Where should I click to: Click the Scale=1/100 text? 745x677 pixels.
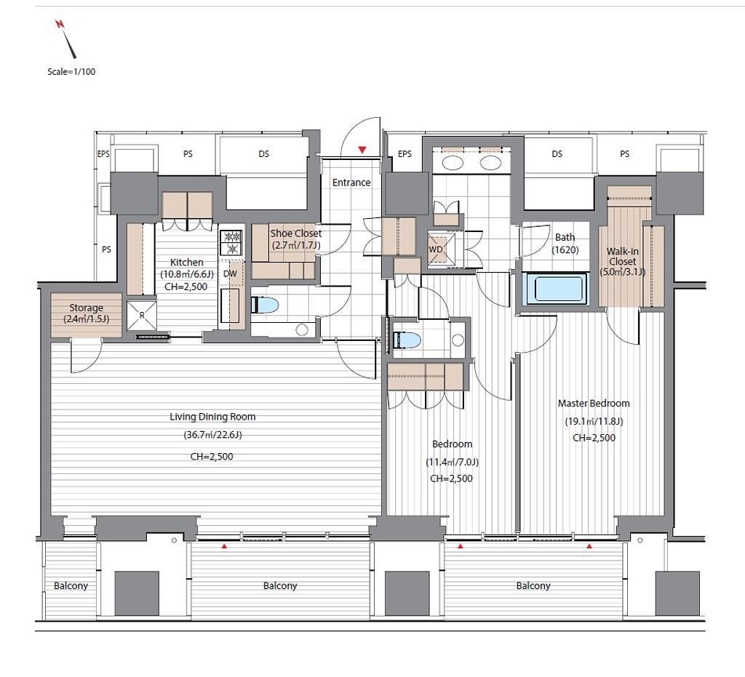tap(71, 72)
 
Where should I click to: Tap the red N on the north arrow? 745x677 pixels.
tap(60, 24)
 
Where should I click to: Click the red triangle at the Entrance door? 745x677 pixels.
tap(362, 150)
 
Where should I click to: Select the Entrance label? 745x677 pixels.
tap(351, 183)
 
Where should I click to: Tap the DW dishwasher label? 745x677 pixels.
tap(230, 274)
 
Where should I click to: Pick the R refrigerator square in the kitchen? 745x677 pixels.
tap(142, 315)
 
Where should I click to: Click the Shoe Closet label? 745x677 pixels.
tap(296, 239)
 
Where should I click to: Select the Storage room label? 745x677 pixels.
tap(86, 313)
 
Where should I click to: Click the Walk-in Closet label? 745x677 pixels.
tap(623, 261)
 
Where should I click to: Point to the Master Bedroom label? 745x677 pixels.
tap(594, 403)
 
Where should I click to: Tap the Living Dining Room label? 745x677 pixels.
tap(212, 417)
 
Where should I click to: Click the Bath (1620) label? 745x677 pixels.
tap(565, 243)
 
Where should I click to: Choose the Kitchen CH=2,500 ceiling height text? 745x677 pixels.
tap(186, 287)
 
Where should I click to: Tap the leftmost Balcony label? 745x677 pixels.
tap(71, 585)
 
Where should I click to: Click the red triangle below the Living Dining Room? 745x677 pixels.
tap(224, 546)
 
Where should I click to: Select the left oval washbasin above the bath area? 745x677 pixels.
tap(453, 163)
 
